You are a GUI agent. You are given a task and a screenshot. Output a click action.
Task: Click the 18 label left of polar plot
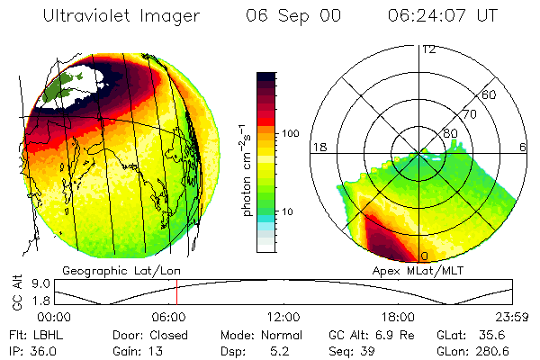[318, 146]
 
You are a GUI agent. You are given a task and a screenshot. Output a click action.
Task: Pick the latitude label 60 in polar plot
[489, 94]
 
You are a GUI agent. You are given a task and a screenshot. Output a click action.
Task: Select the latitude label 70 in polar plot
[467, 114]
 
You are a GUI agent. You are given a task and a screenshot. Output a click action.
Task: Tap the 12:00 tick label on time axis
[283, 316]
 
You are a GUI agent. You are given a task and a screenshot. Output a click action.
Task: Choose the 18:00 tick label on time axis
[398, 316]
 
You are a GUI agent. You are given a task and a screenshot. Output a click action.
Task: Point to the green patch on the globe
[68, 86]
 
